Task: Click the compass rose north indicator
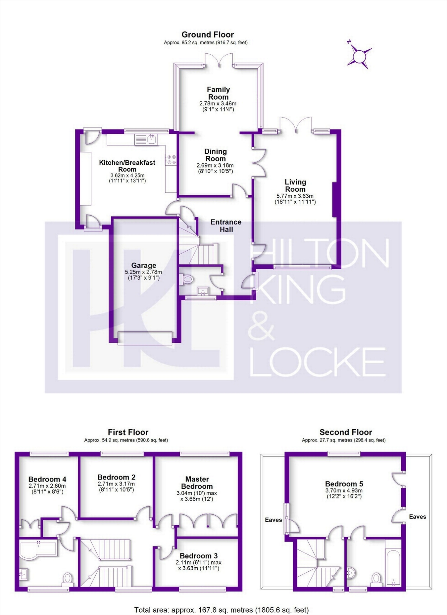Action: pos(359,56)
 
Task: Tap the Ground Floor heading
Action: pos(208,35)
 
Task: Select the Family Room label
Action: pos(218,93)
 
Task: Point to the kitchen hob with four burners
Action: pos(171,160)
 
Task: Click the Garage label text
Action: pos(144,265)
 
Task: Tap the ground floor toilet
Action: pos(186,279)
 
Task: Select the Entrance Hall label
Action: pos(226,226)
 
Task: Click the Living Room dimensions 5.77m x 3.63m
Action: pos(295,196)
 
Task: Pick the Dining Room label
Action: pos(216,155)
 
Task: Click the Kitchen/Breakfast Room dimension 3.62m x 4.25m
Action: pos(127,176)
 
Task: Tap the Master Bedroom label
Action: pos(197,483)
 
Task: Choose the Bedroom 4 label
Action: pos(47,479)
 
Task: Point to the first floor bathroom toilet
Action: pos(67,578)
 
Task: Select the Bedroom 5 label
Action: pos(344,484)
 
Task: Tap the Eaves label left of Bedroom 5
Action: pos(273,520)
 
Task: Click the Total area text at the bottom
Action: pos(222,610)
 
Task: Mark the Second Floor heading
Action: pos(346,432)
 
